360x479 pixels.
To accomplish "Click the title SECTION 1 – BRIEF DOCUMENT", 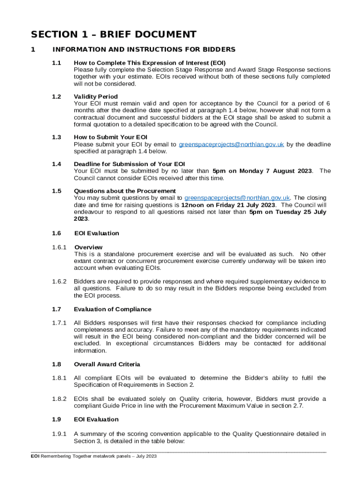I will (x=114, y=35).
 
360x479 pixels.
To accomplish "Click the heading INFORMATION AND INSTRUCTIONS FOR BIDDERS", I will (x=144, y=50).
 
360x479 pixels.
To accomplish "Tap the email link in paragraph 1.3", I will (x=231, y=145).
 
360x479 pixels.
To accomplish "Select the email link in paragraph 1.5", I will (x=238, y=198).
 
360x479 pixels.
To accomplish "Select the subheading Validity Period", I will (x=96, y=97).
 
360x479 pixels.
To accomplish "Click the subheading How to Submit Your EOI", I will (x=111, y=138).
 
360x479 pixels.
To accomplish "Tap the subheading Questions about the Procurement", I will (x=125, y=191).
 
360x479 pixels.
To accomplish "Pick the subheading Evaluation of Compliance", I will (x=112, y=309).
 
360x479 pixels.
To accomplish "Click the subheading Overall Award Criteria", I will (x=107, y=364).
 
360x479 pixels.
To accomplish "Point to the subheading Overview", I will (x=88, y=247).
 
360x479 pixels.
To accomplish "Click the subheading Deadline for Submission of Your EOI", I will (x=130, y=164).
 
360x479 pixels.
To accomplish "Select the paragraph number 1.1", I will (x=57, y=63).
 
